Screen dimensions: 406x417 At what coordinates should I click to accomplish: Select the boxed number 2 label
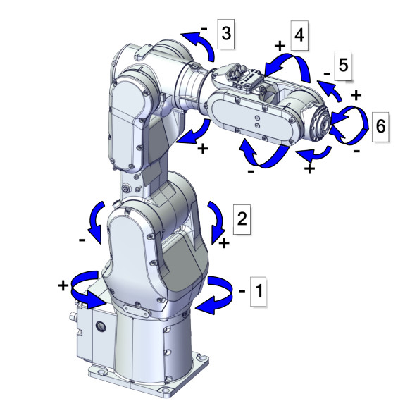[x=241, y=218]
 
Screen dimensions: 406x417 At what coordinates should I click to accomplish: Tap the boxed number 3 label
[x=225, y=33]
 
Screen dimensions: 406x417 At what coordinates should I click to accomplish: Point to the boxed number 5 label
[x=343, y=66]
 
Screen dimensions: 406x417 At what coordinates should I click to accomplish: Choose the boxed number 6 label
[x=380, y=127]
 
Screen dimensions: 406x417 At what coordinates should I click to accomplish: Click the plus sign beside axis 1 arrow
[x=63, y=285]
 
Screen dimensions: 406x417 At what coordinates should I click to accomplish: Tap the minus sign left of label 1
[x=241, y=290]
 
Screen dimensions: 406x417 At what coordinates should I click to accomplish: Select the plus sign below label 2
[x=224, y=243]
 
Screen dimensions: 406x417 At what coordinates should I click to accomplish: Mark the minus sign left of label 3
[x=204, y=30]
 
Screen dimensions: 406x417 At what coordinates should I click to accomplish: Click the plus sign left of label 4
[x=279, y=44]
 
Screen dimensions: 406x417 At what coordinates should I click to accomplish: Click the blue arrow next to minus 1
[x=215, y=293]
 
